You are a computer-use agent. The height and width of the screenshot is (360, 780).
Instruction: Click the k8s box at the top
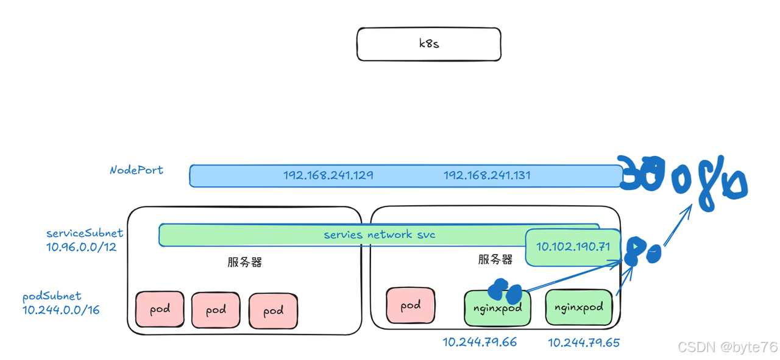(428, 44)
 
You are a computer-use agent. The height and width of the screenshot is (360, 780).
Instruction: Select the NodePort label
(136, 170)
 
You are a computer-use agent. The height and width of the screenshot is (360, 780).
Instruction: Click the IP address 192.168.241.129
(328, 175)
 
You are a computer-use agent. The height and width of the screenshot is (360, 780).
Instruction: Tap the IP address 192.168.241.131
(487, 175)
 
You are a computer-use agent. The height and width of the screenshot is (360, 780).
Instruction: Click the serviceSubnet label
(85, 233)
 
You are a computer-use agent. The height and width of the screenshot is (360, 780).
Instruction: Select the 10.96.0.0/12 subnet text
(81, 247)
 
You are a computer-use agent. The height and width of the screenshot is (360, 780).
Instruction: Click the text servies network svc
(379, 235)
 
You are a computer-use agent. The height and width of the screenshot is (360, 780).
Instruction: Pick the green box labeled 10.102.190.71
(572, 247)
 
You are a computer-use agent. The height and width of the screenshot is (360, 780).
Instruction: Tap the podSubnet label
(52, 296)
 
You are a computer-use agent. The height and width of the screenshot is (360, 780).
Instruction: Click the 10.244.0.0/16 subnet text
(61, 310)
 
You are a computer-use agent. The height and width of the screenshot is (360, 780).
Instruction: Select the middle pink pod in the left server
(216, 310)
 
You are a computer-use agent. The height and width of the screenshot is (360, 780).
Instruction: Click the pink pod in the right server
(410, 305)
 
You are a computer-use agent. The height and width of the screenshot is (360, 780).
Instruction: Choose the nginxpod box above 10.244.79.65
(578, 307)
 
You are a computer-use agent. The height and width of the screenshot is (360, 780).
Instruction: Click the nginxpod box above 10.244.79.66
(497, 308)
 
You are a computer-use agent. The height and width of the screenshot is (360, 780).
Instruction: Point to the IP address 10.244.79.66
(480, 342)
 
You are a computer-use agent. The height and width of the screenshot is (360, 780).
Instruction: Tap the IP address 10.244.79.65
(584, 342)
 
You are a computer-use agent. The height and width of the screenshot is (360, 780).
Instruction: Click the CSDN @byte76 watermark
(728, 347)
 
